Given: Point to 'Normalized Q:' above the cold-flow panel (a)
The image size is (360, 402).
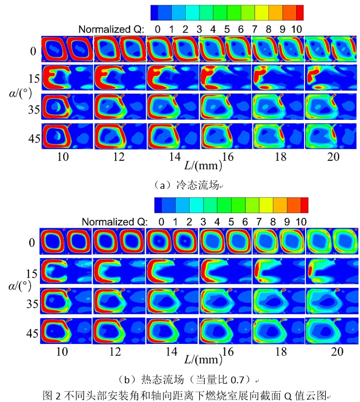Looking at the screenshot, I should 113,27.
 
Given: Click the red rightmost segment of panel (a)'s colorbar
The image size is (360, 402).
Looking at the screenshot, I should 296,12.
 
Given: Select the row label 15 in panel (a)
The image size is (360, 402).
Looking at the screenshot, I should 34,78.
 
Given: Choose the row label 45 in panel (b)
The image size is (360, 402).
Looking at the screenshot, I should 33,334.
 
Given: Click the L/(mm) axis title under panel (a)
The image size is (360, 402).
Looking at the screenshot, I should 203,166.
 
